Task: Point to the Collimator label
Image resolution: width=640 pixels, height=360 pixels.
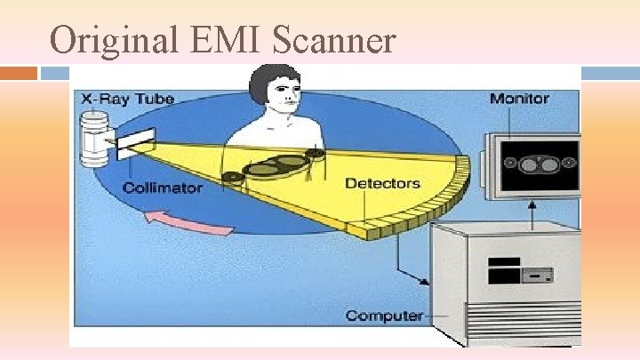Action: tap(162, 188)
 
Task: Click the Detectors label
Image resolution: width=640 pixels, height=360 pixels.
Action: tap(382, 183)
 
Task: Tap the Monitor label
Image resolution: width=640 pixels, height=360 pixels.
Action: tap(519, 98)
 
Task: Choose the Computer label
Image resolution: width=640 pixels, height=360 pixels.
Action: tap(384, 315)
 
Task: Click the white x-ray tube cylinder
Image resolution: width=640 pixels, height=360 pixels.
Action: tap(92, 141)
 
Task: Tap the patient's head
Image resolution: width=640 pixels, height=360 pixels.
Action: tap(274, 92)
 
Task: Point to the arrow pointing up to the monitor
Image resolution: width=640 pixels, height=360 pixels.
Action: tap(532, 211)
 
